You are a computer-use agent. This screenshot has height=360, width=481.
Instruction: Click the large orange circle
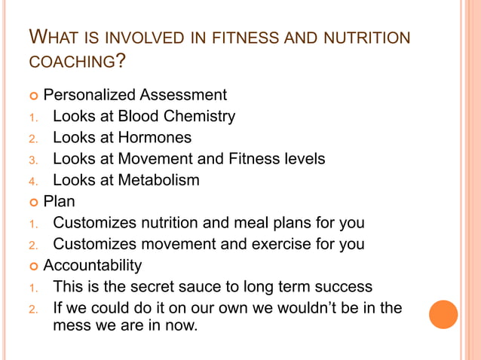click(443, 314)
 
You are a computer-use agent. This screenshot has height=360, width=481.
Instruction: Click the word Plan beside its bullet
click(60, 201)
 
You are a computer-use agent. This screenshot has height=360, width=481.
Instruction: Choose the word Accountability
click(92, 266)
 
